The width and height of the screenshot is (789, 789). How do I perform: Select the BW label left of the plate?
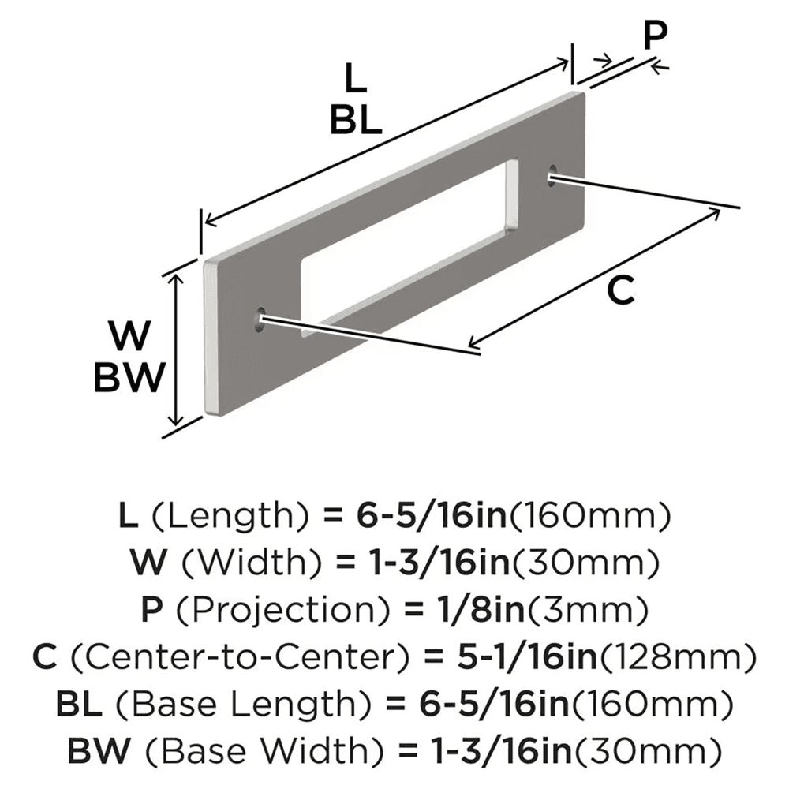(x=129, y=378)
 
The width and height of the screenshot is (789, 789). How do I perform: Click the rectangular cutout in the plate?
(x=410, y=245)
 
